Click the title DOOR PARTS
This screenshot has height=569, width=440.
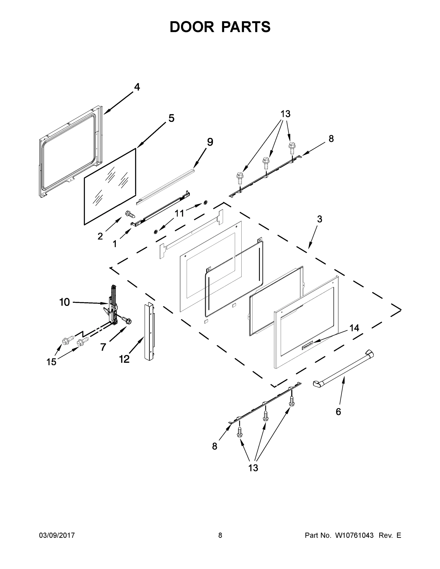coord(220,27)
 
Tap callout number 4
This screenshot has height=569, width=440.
coord(137,87)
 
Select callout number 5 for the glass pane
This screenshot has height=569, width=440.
coord(171,118)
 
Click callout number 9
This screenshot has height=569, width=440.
coord(210,142)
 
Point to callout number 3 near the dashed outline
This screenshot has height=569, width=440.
coord(320,219)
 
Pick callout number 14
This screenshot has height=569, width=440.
coord(354,328)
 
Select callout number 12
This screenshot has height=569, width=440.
coord(124,359)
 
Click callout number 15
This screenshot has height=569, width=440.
coord(51,362)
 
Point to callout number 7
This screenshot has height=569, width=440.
coord(103,347)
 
